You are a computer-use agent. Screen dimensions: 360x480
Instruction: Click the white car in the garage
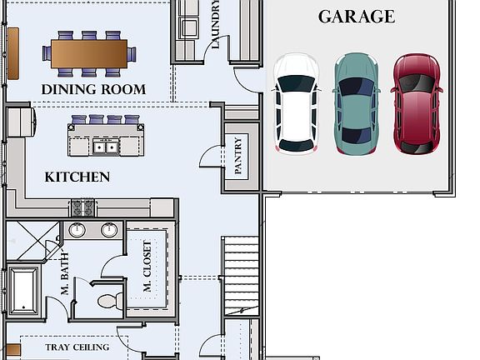[297, 103]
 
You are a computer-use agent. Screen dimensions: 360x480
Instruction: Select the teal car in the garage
[355, 103]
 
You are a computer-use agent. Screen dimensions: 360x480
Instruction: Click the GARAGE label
[357, 17]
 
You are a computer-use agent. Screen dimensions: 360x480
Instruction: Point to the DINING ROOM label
[93, 89]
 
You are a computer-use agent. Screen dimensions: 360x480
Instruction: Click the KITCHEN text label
[77, 177]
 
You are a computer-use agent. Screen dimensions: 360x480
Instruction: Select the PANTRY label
[238, 156]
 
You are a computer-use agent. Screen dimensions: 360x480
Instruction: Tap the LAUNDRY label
[215, 25]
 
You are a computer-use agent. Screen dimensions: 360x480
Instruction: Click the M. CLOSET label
[147, 267]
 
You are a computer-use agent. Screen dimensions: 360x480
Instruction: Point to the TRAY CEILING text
[77, 347]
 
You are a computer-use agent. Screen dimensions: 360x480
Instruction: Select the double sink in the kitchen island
[106, 147]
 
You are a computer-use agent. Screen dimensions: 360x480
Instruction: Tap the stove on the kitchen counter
[82, 208]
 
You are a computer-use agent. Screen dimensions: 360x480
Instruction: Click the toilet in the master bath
[108, 300]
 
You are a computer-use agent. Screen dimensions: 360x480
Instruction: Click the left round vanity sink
[77, 230]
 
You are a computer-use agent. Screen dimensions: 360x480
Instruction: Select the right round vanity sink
[109, 230]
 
